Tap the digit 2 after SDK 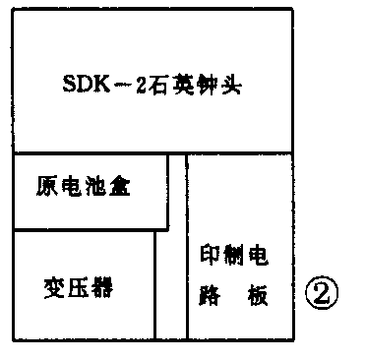(143, 87)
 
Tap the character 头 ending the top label (233, 87)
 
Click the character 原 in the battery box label (45, 185)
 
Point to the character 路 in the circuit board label (209, 295)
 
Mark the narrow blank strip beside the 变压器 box (170, 285)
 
